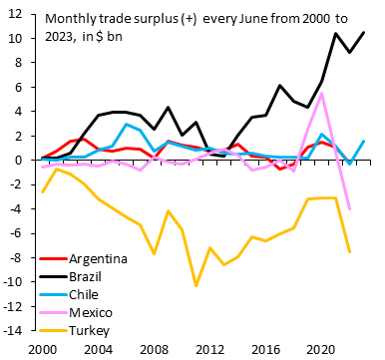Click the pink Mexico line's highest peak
tap(321, 94)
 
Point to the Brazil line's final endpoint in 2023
tap(363, 32)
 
